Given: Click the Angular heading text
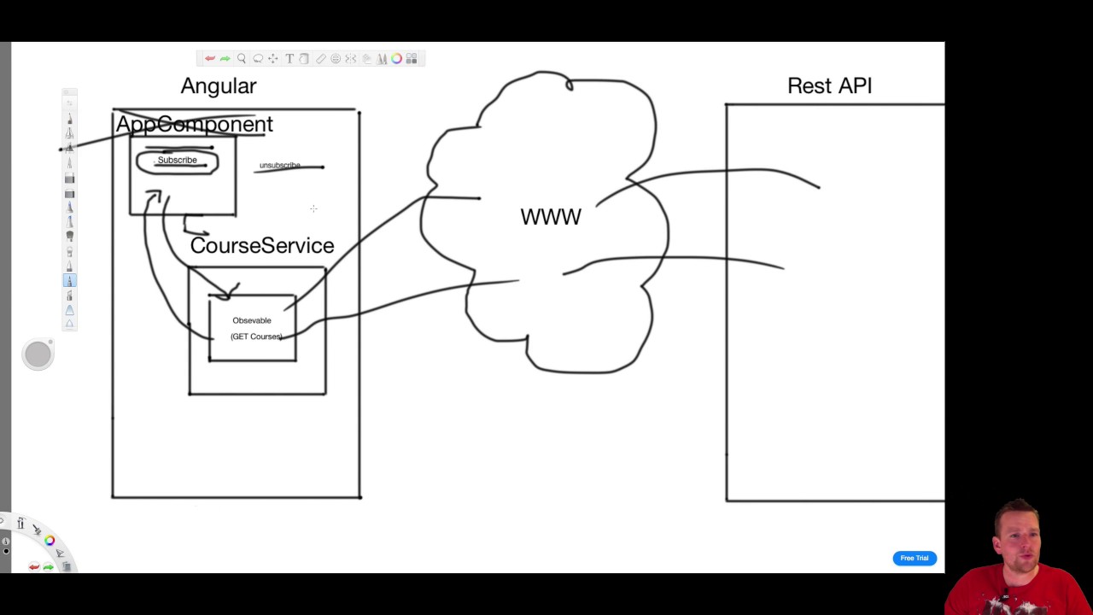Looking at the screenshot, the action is click(219, 86).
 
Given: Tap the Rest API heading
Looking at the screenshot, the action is click(829, 86).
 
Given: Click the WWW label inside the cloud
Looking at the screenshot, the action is click(551, 217).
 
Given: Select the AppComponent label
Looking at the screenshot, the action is click(194, 125).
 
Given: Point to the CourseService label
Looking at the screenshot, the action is click(262, 246).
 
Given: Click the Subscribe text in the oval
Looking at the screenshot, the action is click(177, 161).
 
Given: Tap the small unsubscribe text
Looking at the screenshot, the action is click(279, 165).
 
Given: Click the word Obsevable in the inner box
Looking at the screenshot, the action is click(252, 320).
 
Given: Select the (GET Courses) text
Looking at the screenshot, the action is click(256, 337).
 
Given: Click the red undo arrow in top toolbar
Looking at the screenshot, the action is click(209, 59).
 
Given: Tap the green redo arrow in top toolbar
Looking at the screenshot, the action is click(225, 59).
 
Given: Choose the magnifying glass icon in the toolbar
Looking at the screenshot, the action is click(242, 59).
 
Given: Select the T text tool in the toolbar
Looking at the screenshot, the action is click(289, 59).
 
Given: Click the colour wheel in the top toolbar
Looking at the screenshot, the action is click(397, 59).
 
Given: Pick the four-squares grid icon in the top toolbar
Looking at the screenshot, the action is click(412, 59).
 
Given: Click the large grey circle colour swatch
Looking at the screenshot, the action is click(38, 354).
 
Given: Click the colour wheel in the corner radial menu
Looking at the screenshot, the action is click(50, 540).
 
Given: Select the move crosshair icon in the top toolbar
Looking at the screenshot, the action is click(273, 59).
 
